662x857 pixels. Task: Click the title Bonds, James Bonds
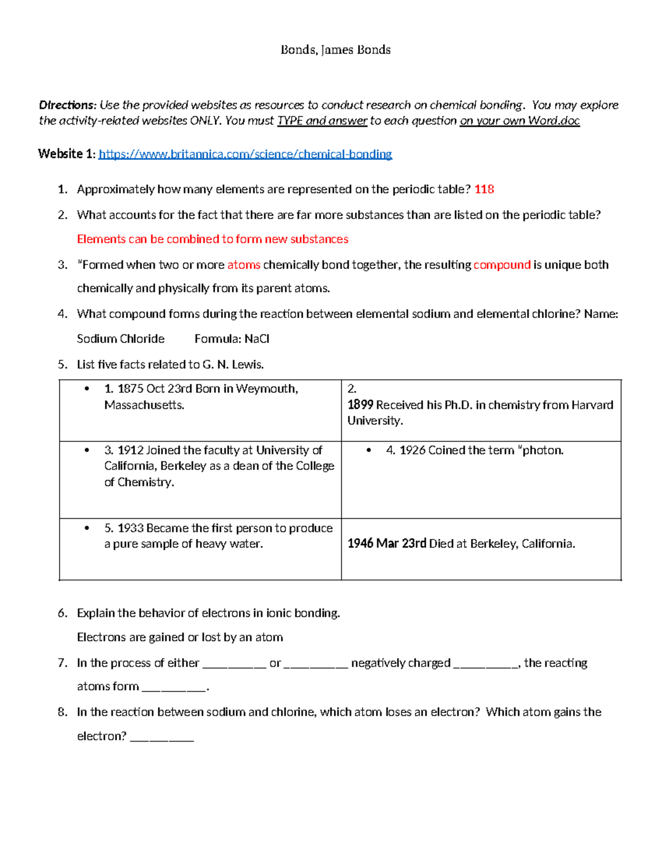click(x=335, y=50)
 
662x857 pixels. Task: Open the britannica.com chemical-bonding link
click(x=245, y=154)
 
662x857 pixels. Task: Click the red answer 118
click(x=484, y=189)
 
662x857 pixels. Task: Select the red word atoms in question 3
click(x=243, y=265)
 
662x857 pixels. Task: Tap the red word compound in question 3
click(x=501, y=265)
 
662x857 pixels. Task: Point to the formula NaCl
click(x=257, y=339)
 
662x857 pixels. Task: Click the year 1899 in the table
click(x=360, y=404)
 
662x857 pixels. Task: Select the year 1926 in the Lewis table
click(x=412, y=450)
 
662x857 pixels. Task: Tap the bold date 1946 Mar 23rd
click(x=386, y=544)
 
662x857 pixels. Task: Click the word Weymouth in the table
click(x=266, y=388)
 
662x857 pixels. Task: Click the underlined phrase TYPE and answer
click(x=322, y=121)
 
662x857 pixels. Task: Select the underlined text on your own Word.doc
click(x=519, y=121)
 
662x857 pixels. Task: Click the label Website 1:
click(x=67, y=154)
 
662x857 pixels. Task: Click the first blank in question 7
click(x=234, y=664)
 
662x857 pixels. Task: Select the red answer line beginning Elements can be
click(x=212, y=239)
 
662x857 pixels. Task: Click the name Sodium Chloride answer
click(x=120, y=339)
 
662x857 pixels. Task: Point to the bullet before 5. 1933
click(x=87, y=528)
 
